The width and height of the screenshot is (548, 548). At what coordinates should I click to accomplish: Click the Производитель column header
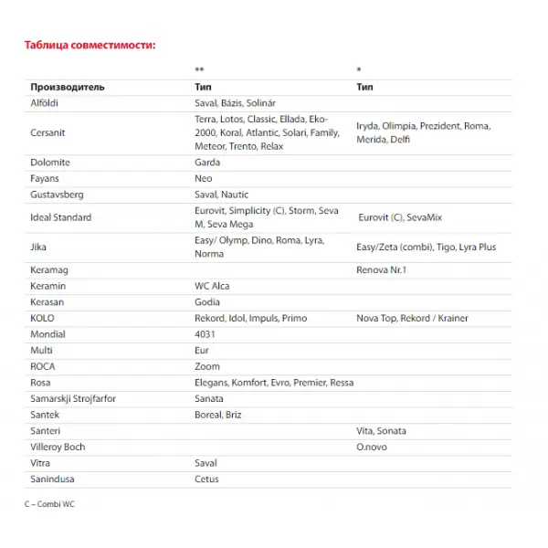pos(68,87)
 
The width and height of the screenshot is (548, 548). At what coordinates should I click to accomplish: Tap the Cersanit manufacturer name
pos(48,132)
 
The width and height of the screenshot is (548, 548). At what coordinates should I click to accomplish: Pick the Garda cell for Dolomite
pos(207,163)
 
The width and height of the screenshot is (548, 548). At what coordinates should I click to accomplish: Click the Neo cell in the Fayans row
pos(203,178)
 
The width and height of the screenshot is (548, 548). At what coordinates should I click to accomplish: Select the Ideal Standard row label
pos(61,217)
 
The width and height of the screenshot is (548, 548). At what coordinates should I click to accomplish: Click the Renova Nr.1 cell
pos(381,270)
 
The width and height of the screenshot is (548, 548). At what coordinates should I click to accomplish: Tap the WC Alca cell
pos(212,286)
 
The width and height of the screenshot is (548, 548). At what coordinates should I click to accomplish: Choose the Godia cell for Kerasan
pos(207,302)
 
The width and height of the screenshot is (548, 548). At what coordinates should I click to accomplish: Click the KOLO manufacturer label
pos(43,319)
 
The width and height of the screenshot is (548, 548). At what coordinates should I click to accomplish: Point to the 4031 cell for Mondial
pos(205,334)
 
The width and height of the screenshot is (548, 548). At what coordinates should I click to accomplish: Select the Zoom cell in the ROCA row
pos(207,366)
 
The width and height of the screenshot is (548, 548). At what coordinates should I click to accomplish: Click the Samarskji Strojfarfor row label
pos(73,398)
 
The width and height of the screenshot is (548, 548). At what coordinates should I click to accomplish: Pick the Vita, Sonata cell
pos(381,430)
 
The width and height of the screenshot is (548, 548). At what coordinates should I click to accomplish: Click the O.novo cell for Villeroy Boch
pos(373,447)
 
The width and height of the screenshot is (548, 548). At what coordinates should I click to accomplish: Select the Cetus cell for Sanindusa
pos(206,479)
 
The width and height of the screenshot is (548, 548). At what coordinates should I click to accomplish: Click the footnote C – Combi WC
pos(50,504)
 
